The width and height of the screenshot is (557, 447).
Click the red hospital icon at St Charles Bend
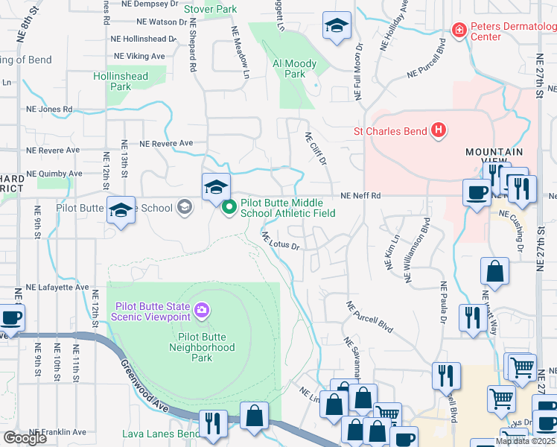[x=439, y=131]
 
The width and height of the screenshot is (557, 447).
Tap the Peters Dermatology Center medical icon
[x=459, y=30]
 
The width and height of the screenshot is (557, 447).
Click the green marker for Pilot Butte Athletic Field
[x=230, y=207]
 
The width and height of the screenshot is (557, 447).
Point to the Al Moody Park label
[x=295, y=69]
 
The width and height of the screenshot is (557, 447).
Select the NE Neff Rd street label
[x=360, y=196]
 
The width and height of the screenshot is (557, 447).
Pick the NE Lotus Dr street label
[x=280, y=241]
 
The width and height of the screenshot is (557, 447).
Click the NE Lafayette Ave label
[x=57, y=287]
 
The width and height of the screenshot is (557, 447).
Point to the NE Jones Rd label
[x=51, y=109]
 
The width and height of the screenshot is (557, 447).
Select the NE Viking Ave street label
[x=139, y=56]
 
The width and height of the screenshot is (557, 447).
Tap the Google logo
[x=25, y=438]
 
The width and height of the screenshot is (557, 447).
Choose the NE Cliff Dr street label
[x=316, y=149]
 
